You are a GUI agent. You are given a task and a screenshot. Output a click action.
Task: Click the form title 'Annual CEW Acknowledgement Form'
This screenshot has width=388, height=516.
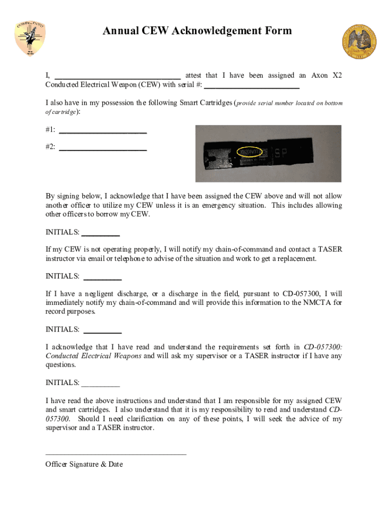coord(197,31)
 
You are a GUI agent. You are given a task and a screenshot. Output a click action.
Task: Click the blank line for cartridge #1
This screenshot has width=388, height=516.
coord(103,133)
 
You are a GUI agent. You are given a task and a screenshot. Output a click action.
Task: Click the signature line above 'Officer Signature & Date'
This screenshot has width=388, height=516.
coord(116,454)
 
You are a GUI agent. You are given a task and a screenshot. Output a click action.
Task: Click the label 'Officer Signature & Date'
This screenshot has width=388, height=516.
coord(84,464)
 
